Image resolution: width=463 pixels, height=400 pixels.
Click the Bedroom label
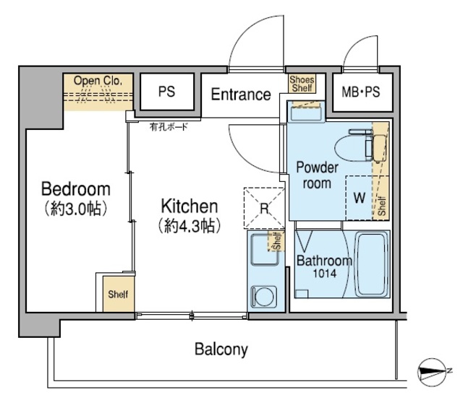76,189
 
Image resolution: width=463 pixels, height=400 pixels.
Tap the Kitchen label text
190,206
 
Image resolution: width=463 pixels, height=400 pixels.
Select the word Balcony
221,349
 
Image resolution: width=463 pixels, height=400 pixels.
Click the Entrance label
241,95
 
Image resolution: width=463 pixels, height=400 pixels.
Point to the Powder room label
317,175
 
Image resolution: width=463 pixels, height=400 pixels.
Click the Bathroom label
324,261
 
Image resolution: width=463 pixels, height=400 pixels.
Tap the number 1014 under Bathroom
325,274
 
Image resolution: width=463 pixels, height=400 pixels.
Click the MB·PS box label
360,92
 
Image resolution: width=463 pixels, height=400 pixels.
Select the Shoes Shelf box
302,84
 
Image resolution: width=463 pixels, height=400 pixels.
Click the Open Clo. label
98,80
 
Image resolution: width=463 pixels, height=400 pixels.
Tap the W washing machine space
359,198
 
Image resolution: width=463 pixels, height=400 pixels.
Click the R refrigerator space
264,208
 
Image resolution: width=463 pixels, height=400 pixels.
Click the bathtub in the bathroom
372,264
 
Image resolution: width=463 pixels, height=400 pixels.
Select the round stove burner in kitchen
264,297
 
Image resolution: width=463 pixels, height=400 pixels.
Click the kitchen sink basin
265,249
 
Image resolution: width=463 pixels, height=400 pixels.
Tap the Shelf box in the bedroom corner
118,294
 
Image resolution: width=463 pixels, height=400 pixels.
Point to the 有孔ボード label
169,127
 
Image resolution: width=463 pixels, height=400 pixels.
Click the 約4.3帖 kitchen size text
190,226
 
